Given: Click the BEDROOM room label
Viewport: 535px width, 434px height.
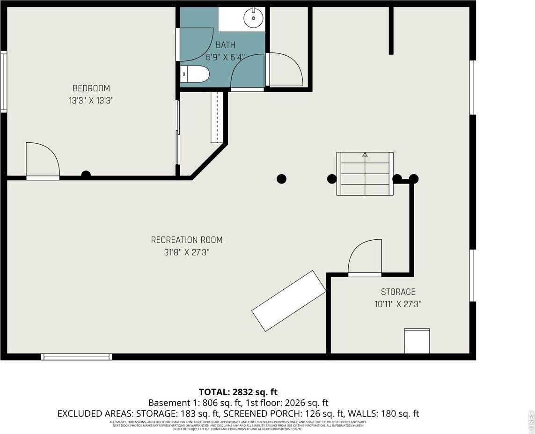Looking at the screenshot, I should [91, 88].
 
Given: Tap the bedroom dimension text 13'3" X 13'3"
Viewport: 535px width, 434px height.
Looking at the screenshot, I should [91, 100].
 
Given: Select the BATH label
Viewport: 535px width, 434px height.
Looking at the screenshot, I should [225, 45].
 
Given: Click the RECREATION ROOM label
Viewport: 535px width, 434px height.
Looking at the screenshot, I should [187, 240].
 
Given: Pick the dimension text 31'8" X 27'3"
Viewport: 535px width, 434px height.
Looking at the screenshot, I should [187, 252].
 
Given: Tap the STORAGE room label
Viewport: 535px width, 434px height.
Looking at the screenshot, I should [398, 292].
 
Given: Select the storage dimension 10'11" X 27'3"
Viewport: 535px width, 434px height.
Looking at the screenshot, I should [398, 304].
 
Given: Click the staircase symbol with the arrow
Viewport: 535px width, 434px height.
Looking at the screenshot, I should [365, 173].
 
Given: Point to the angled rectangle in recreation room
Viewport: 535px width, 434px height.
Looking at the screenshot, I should [289, 301].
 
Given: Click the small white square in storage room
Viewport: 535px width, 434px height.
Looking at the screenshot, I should [417, 341].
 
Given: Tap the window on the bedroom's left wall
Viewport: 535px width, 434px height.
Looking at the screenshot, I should [3, 82].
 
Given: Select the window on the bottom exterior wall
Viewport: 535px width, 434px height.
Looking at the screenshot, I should [76, 357].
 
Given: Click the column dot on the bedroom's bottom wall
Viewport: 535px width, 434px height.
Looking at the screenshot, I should [86, 175].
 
